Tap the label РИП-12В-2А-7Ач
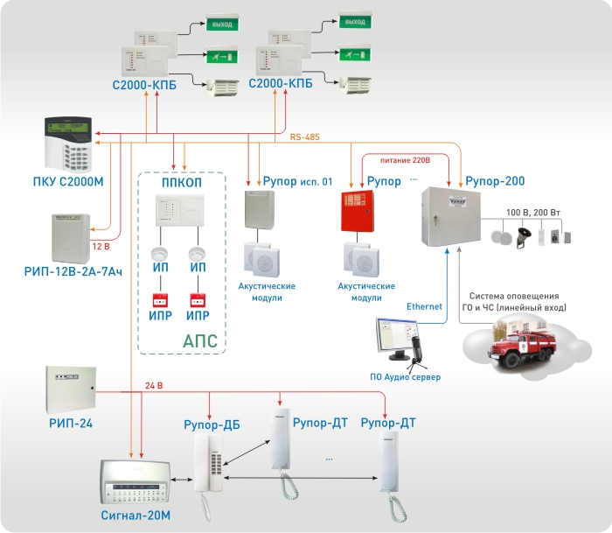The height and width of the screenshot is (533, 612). pyautogui.click(x=73, y=272)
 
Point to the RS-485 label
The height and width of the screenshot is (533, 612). pyautogui.click(x=307, y=137)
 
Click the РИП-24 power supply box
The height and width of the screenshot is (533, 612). pyautogui.click(x=71, y=389)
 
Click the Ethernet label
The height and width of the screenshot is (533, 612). pyautogui.click(x=428, y=306)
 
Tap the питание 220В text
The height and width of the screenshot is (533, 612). pyautogui.click(x=408, y=159)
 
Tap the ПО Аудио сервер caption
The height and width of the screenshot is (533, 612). pyautogui.click(x=404, y=376)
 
